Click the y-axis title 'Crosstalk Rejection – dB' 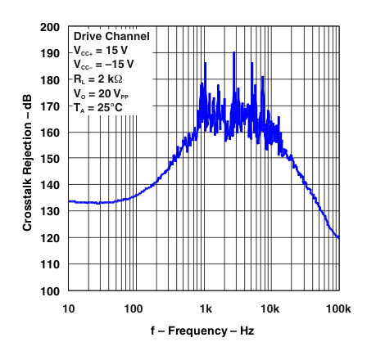point(27,159)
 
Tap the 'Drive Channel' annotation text point(111,37)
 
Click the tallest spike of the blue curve point(234,54)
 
